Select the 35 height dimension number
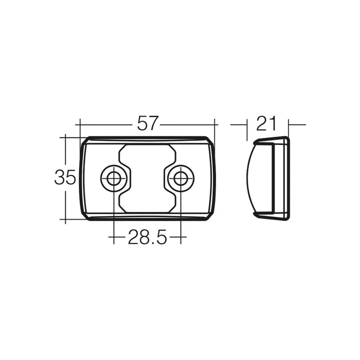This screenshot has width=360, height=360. coord(65,178)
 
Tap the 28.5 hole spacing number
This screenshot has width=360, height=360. coord(147,238)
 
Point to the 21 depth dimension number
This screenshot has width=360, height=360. coord(267,124)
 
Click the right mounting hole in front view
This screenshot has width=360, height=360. coord(181,178)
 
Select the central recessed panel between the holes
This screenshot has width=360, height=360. coord(147,178)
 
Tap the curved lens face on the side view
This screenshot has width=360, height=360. coord(251,178)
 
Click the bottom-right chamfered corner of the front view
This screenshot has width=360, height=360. coord(210,216)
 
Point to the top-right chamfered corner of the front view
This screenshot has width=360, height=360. coord(210,140)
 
